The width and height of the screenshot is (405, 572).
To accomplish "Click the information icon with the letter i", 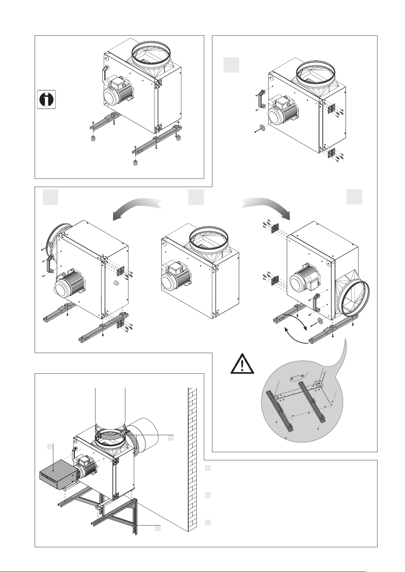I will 46,100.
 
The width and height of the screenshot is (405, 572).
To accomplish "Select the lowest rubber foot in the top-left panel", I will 135,163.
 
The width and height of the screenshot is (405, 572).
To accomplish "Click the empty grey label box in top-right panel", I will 231,65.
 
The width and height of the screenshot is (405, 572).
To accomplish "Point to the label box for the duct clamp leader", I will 171,438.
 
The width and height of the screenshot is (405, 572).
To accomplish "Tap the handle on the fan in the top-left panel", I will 105,73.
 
